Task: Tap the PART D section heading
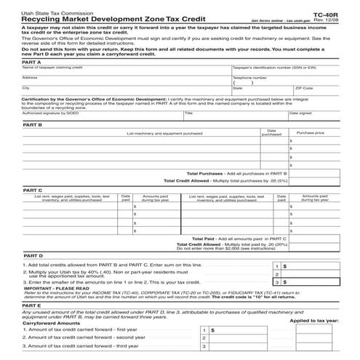pos(33,256)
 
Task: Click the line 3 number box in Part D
pos(276,281)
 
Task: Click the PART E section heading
pos(31,308)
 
